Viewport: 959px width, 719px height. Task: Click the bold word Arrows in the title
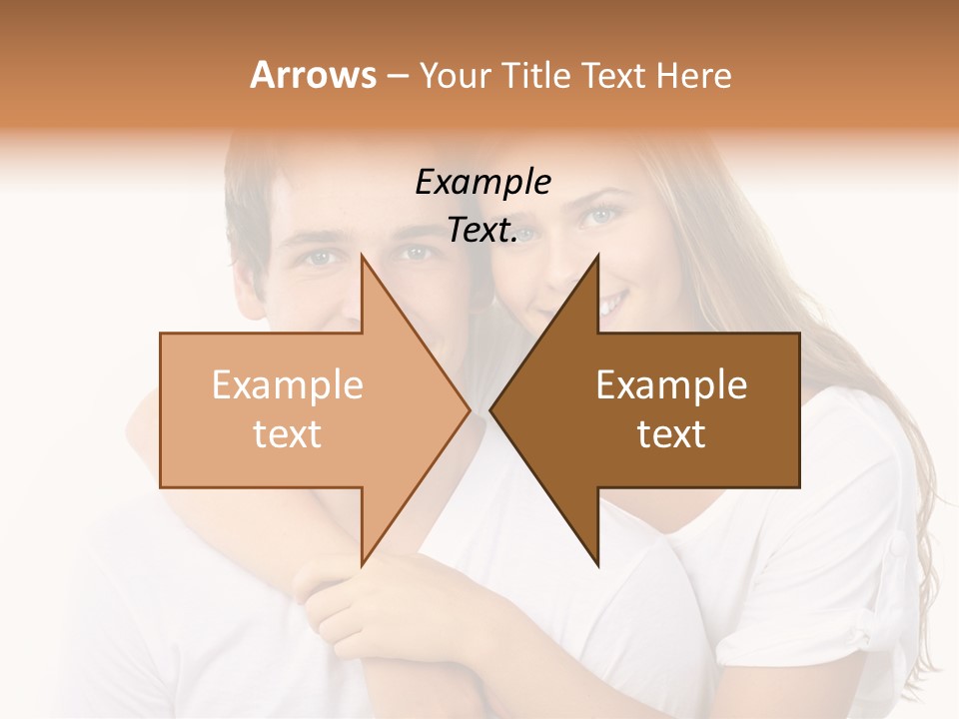(314, 75)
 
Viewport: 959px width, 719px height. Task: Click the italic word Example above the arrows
(482, 182)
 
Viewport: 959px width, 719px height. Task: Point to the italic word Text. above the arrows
(482, 230)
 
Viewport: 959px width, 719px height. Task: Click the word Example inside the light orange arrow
(288, 384)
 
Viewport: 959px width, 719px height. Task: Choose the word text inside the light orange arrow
(288, 434)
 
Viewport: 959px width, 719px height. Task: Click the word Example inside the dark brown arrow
(671, 384)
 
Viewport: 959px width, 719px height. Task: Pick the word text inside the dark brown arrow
(671, 434)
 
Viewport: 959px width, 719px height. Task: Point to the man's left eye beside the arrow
(320, 257)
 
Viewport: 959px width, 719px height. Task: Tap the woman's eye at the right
(602, 214)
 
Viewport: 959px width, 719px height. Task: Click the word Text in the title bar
(614, 75)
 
